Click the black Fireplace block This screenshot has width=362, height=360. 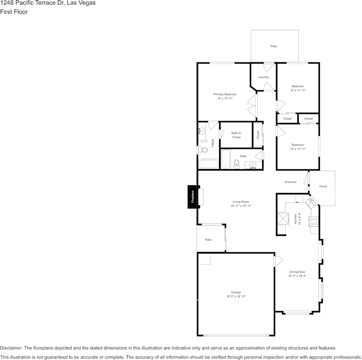click(x=192, y=197)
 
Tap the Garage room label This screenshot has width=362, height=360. click(x=236, y=292)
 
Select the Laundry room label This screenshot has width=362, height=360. click(x=263, y=77)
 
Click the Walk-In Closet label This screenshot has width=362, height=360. click(x=236, y=135)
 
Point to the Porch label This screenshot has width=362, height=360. click(x=323, y=186)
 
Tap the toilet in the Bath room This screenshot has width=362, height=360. click(x=236, y=164)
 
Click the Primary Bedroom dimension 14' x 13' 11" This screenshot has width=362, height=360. click(x=225, y=99)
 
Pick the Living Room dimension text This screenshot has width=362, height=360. click(x=241, y=206)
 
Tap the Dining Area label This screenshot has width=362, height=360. click(x=297, y=272)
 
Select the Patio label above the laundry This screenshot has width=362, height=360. click(x=274, y=46)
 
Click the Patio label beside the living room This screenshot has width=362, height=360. click(x=208, y=240)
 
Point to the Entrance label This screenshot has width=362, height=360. click(x=290, y=182)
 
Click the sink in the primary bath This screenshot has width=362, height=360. click(x=202, y=131)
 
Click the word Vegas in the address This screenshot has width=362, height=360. click(x=87, y=3)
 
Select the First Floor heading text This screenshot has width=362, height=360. click(x=14, y=12)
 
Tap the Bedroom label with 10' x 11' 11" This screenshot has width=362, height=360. click(x=298, y=86)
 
